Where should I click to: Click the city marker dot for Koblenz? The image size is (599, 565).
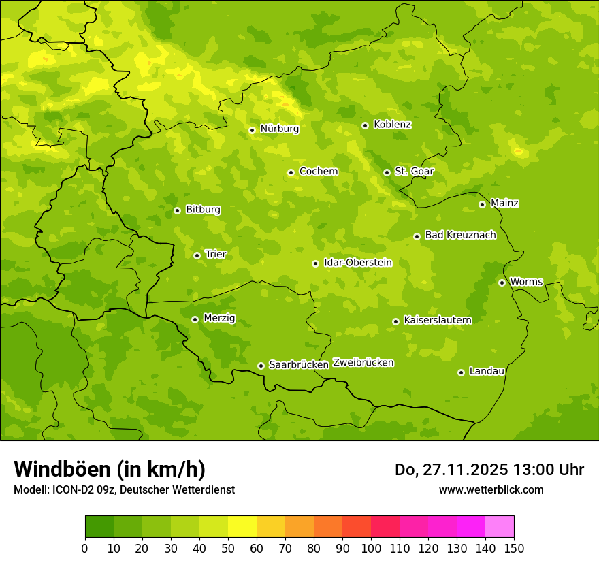(x=365, y=125)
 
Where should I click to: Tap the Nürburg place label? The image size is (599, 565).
(x=279, y=129)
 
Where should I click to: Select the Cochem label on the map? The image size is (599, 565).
(x=319, y=172)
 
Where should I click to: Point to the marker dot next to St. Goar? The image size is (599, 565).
(x=387, y=172)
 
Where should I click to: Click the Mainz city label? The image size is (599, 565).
(x=504, y=203)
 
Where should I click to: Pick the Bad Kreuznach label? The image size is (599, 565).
(x=460, y=235)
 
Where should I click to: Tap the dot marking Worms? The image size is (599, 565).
(x=502, y=282)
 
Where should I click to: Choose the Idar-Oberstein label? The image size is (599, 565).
(x=358, y=263)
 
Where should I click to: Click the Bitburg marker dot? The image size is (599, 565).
(x=177, y=210)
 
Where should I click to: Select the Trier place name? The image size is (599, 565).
(x=216, y=254)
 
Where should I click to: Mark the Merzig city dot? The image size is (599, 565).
(x=195, y=319)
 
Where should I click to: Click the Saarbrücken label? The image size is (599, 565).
(x=299, y=365)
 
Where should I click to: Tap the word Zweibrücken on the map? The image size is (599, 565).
(x=363, y=363)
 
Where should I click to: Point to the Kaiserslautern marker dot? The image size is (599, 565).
(x=395, y=321)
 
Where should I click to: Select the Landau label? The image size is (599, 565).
(x=487, y=371)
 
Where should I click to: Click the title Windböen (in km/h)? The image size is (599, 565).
(x=110, y=469)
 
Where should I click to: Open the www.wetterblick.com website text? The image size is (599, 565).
(x=491, y=489)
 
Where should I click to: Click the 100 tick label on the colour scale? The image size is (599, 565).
(x=371, y=548)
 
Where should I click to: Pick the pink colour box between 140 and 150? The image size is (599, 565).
(x=500, y=526)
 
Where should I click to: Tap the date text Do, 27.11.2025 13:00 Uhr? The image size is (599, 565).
(x=489, y=470)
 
